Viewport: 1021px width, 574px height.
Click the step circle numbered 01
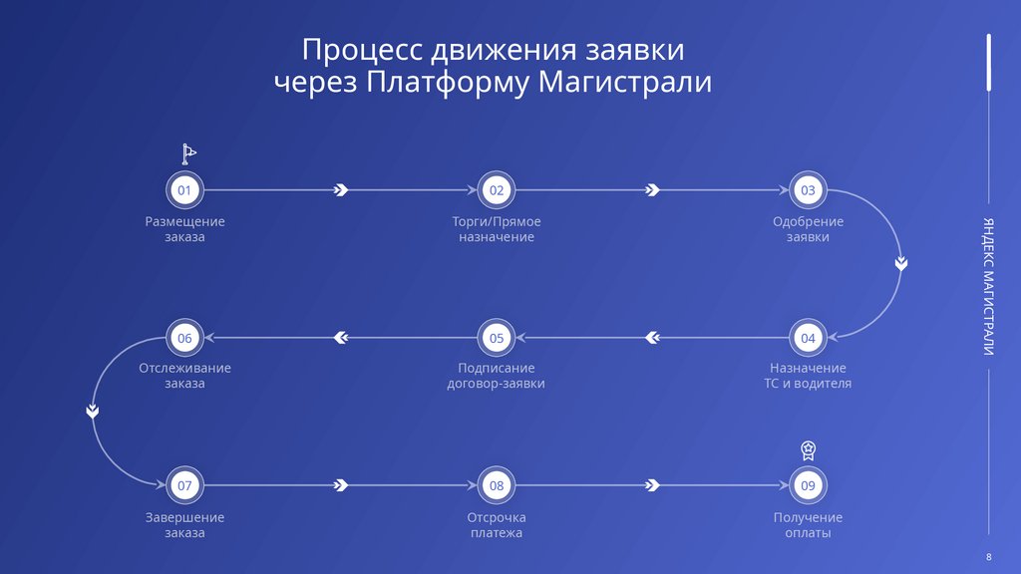point(184,189)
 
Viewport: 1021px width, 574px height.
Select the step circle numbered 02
point(497,189)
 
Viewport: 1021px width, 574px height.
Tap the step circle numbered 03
point(808,189)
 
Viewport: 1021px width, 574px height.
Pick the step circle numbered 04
point(808,338)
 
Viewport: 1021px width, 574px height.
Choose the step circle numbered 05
point(497,338)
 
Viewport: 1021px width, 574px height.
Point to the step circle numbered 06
point(184,338)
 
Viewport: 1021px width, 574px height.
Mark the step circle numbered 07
point(184,485)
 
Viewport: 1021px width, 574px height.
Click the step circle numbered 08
point(497,485)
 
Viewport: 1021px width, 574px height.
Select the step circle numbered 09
point(808,485)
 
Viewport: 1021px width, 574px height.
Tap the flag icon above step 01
point(188,153)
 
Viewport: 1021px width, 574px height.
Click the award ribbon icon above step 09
point(809,450)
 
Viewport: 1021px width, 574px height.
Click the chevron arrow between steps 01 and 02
point(341,189)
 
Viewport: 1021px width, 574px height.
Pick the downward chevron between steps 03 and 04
point(900,264)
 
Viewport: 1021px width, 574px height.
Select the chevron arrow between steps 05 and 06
point(341,338)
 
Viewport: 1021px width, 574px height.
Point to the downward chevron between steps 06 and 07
point(92,411)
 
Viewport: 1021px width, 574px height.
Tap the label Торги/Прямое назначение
point(497,229)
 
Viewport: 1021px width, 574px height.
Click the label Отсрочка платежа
point(497,525)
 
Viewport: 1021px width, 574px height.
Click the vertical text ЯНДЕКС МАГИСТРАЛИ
point(988,285)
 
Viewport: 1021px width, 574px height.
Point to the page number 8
point(988,555)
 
